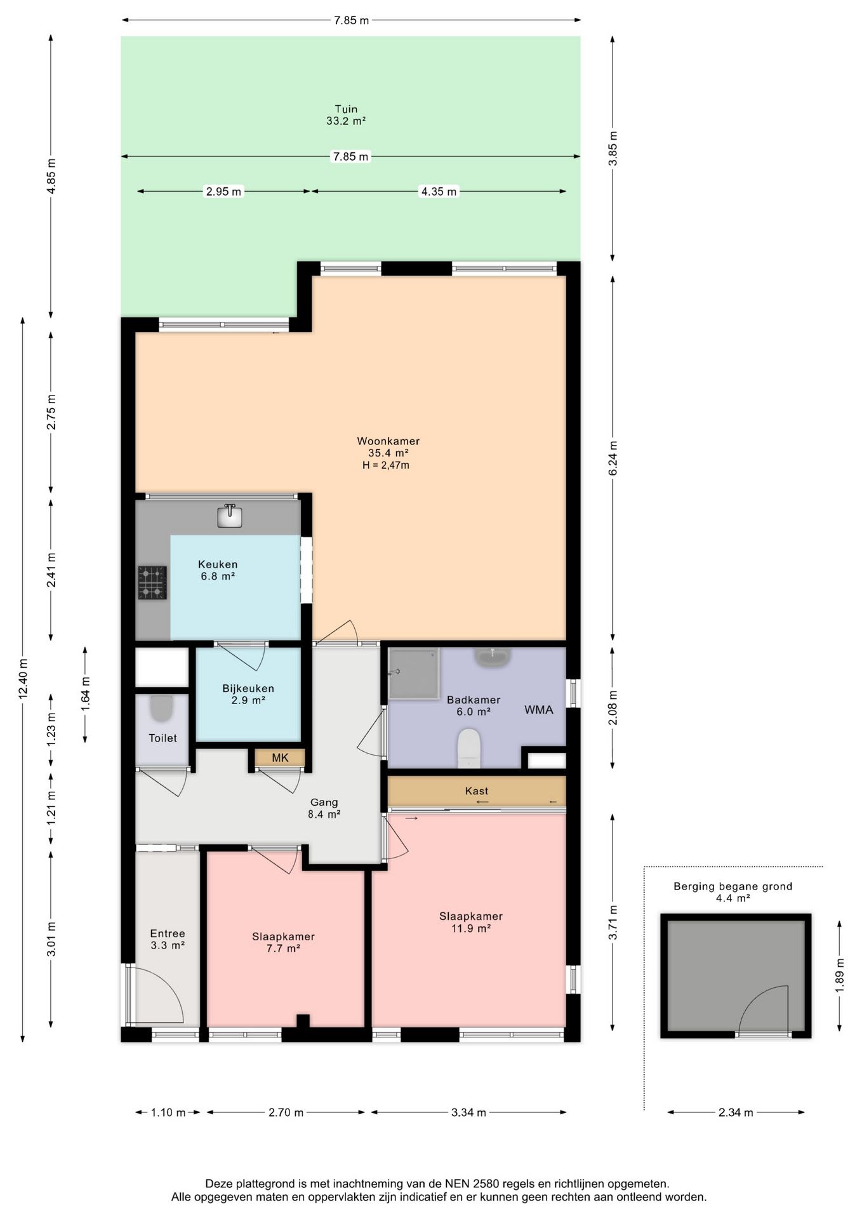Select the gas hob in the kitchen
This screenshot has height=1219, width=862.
coord(152,583)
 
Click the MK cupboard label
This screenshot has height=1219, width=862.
coord(280,757)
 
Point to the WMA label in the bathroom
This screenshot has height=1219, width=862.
coord(539,710)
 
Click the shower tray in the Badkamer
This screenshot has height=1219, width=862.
coord(414,673)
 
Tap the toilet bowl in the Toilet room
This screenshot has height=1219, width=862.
coord(162,708)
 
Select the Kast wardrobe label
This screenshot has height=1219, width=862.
coord(476,791)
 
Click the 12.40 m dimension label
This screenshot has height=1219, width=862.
coord(23,679)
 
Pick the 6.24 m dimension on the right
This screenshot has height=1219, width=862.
coord(613,458)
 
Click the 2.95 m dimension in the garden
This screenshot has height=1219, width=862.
coord(223,191)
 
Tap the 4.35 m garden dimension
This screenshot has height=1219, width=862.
coord(439,191)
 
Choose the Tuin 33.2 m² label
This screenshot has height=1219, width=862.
coord(346,115)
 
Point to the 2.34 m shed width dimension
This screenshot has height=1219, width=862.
coord(736,1112)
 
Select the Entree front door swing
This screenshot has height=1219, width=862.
coord(156,994)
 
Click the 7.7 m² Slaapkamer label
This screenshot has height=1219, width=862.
coord(283,942)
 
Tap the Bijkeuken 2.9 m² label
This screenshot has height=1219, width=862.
coord(248,694)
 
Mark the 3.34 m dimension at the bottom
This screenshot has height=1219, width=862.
coord(468,1112)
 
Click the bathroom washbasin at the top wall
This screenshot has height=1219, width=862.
coord(493,657)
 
